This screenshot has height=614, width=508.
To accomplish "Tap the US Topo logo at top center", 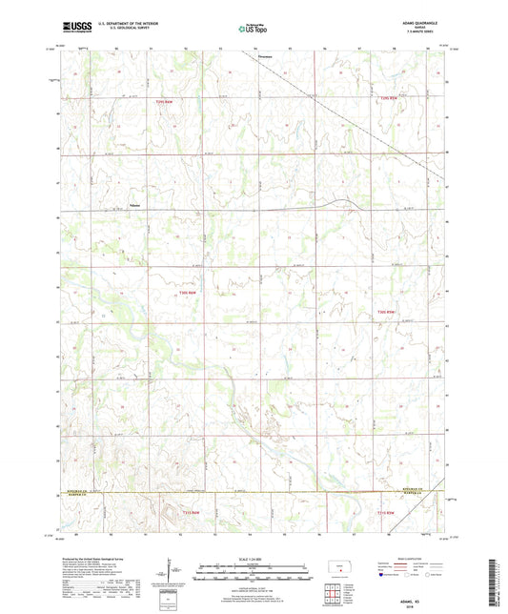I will [253, 29].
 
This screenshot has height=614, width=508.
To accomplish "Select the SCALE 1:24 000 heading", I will [253, 558].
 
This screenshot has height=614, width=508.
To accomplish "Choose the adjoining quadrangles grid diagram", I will [334, 596].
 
